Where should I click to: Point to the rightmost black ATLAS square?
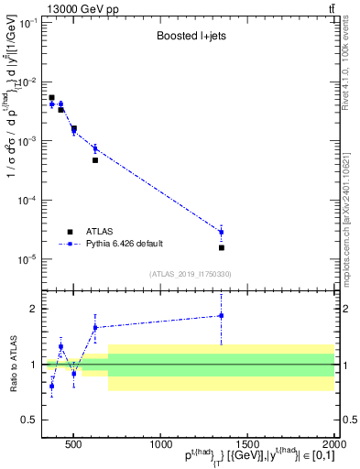(221, 247)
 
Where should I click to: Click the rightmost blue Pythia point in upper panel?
(221, 232)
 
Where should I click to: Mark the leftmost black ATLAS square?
(51, 97)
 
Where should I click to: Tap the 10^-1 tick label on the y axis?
(28, 23)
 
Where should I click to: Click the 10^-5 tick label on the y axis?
(28, 259)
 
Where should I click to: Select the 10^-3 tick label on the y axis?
(28, 141)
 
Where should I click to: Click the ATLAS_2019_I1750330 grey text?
(190, 274)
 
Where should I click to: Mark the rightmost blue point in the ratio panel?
(221, 316)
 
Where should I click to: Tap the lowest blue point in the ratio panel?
(51, 386)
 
